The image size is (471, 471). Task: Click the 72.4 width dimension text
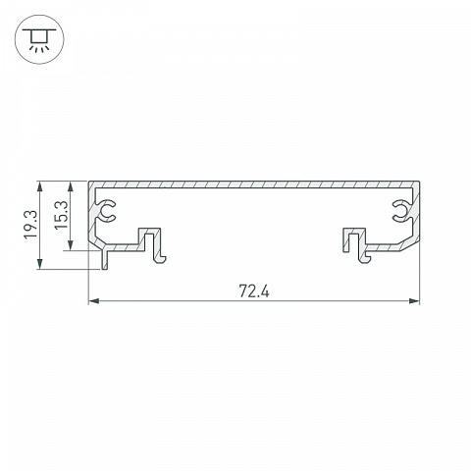click(254, 291)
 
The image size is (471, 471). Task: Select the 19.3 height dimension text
click(31, 225)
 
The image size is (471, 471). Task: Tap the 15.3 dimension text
click(61, 215)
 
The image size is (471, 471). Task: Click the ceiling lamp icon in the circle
click(39, 39)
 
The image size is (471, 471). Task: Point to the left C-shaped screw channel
click(106, 210)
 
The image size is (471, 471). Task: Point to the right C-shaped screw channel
click(401, 210)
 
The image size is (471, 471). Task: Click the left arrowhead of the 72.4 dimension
click(94, 301)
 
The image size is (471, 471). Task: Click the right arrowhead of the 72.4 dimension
click(414, 301)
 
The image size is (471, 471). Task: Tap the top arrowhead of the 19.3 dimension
click(40, 187)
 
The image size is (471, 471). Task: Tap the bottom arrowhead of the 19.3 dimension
click(40, 263)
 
